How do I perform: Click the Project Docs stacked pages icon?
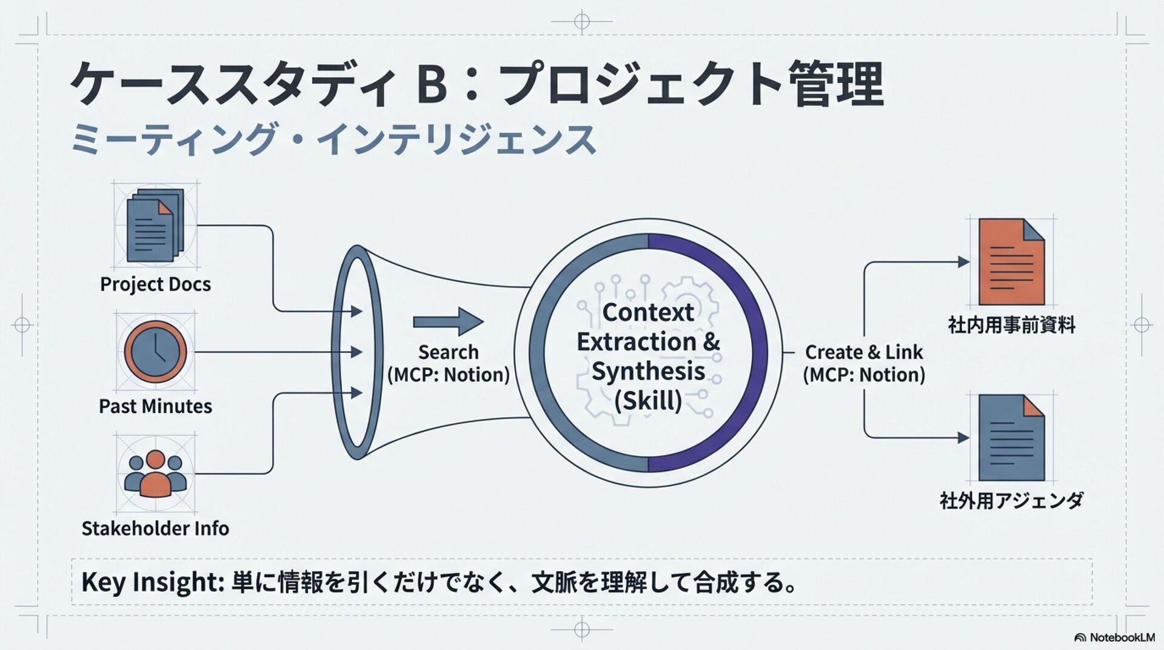[x=155, y=225]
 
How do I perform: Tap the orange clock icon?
[x=155, y=352]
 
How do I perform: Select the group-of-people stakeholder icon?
[x=155, y=474]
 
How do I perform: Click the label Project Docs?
[x=155, y=284]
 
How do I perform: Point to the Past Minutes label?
[x=155, y=406]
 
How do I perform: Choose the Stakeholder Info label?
[x=155, y=528]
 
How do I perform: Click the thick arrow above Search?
[x=448, y=321]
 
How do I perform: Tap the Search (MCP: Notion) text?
[x=448, y=363]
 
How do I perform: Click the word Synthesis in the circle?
[x=648, y=370]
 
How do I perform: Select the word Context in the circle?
[x=648, y=312]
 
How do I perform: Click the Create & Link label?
[x=864, y=352]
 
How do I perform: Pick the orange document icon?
[x=1011, y=262]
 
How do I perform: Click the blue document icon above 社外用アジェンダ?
[x=1011, y=437]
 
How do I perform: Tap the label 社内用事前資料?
[x=1011, y=325]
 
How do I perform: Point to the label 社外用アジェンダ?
[x=1011, y=501]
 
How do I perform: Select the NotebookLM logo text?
[x=1122, y=637]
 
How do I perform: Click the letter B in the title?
[x=432, y=85]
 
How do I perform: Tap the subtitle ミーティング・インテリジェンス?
[x=333, y=139]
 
